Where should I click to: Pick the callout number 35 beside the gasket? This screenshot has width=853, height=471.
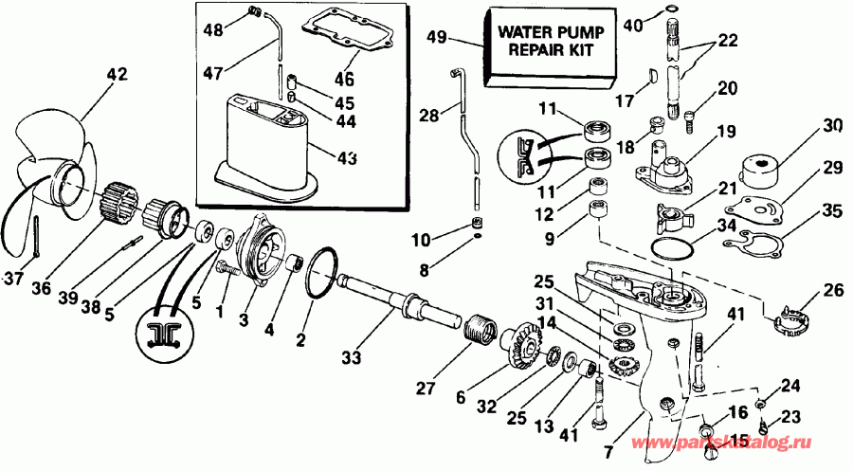pos(831,210)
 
